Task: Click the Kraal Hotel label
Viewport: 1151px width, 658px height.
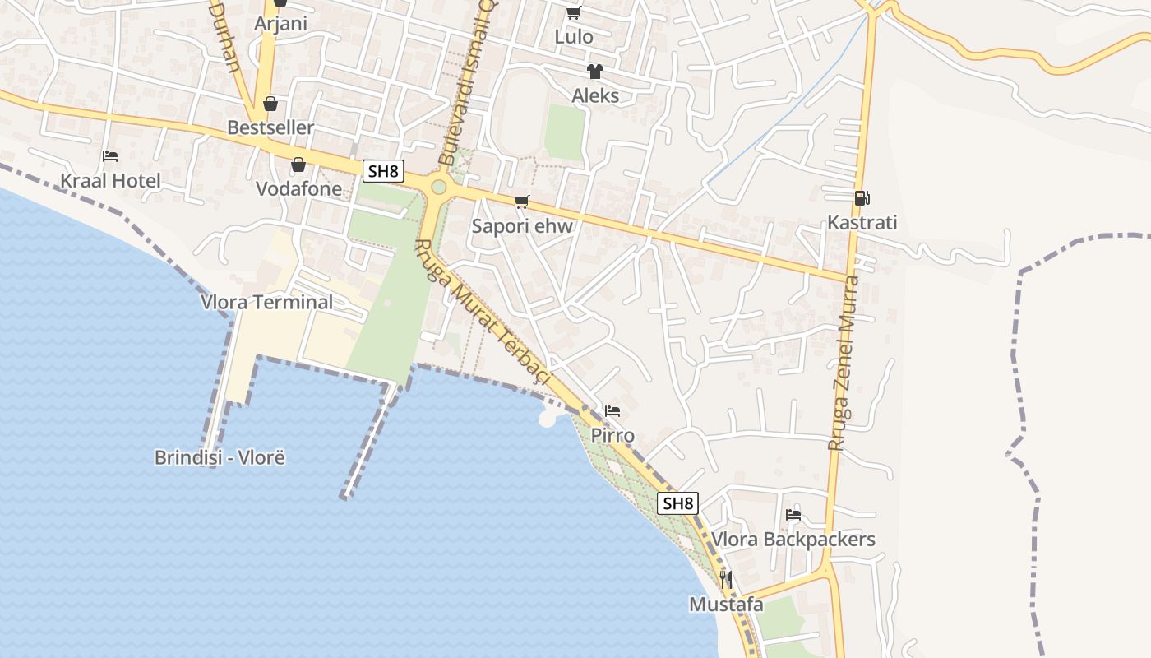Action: click(111, 181)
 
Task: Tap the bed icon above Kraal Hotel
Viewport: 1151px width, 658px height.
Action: click(110, 155)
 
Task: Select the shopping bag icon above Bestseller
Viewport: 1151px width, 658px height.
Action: click(270, 104)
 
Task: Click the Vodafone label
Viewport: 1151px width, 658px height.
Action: click(298, 189)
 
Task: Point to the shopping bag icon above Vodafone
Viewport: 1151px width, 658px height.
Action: click(298, 164)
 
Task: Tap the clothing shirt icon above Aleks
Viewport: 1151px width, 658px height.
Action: click(594, 72)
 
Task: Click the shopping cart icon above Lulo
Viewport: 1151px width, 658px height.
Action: click(573, 12)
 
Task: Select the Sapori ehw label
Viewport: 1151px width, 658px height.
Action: click(522, 226)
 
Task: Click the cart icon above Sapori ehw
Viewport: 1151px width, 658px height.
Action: click(521, 202)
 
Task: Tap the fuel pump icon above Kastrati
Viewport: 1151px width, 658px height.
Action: click(862, 197)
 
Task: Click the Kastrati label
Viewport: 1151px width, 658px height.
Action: click(862, 223)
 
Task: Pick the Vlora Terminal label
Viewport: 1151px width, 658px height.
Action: click(267, 302)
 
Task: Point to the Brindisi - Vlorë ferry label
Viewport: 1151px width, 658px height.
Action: click(220, 457)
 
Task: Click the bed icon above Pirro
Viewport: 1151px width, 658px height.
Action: click(612, 411)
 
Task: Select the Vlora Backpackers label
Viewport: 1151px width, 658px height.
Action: click(793, 540)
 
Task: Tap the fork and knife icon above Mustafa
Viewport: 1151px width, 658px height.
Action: click(726, 580)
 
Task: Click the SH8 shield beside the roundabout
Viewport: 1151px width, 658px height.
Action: click(383, 171)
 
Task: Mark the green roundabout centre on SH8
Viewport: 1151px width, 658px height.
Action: click(439, 188)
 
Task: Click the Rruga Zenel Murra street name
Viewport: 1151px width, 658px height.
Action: click(844, 364)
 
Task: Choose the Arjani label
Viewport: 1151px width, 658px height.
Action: click(280, 23)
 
